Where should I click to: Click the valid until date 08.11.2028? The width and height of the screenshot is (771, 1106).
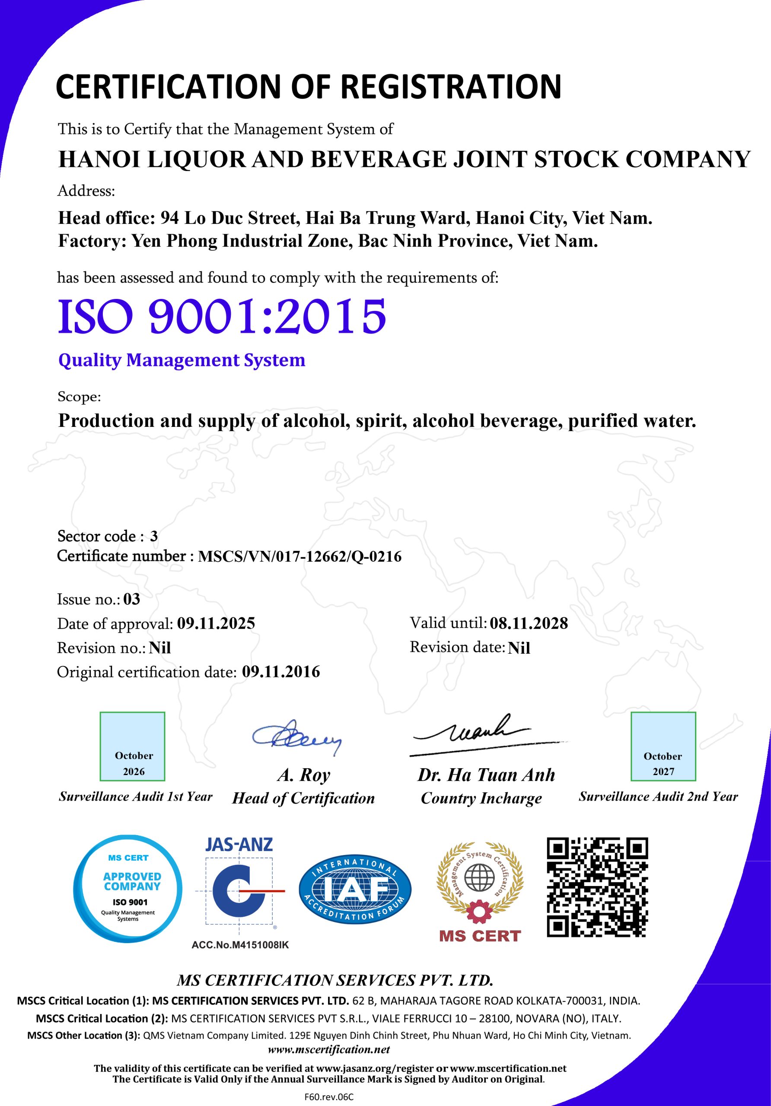tap(529, 623)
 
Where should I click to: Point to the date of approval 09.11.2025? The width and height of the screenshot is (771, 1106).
tap(216, 623)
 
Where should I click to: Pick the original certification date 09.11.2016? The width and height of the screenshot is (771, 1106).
tap(280, 671)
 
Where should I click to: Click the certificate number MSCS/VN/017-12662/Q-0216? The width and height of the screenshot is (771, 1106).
tap(300, 556)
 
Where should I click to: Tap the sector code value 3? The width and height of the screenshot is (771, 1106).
tap(154, 536)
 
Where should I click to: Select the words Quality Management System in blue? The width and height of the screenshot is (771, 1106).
tap(182, 360)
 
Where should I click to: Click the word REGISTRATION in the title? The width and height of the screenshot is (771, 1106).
tap(451, 87)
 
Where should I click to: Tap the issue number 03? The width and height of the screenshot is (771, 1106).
tap(131, 599)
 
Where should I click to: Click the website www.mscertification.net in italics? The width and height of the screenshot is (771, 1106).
tap(328, 1049)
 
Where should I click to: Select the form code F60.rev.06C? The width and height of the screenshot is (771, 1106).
tap(329, 1097)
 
